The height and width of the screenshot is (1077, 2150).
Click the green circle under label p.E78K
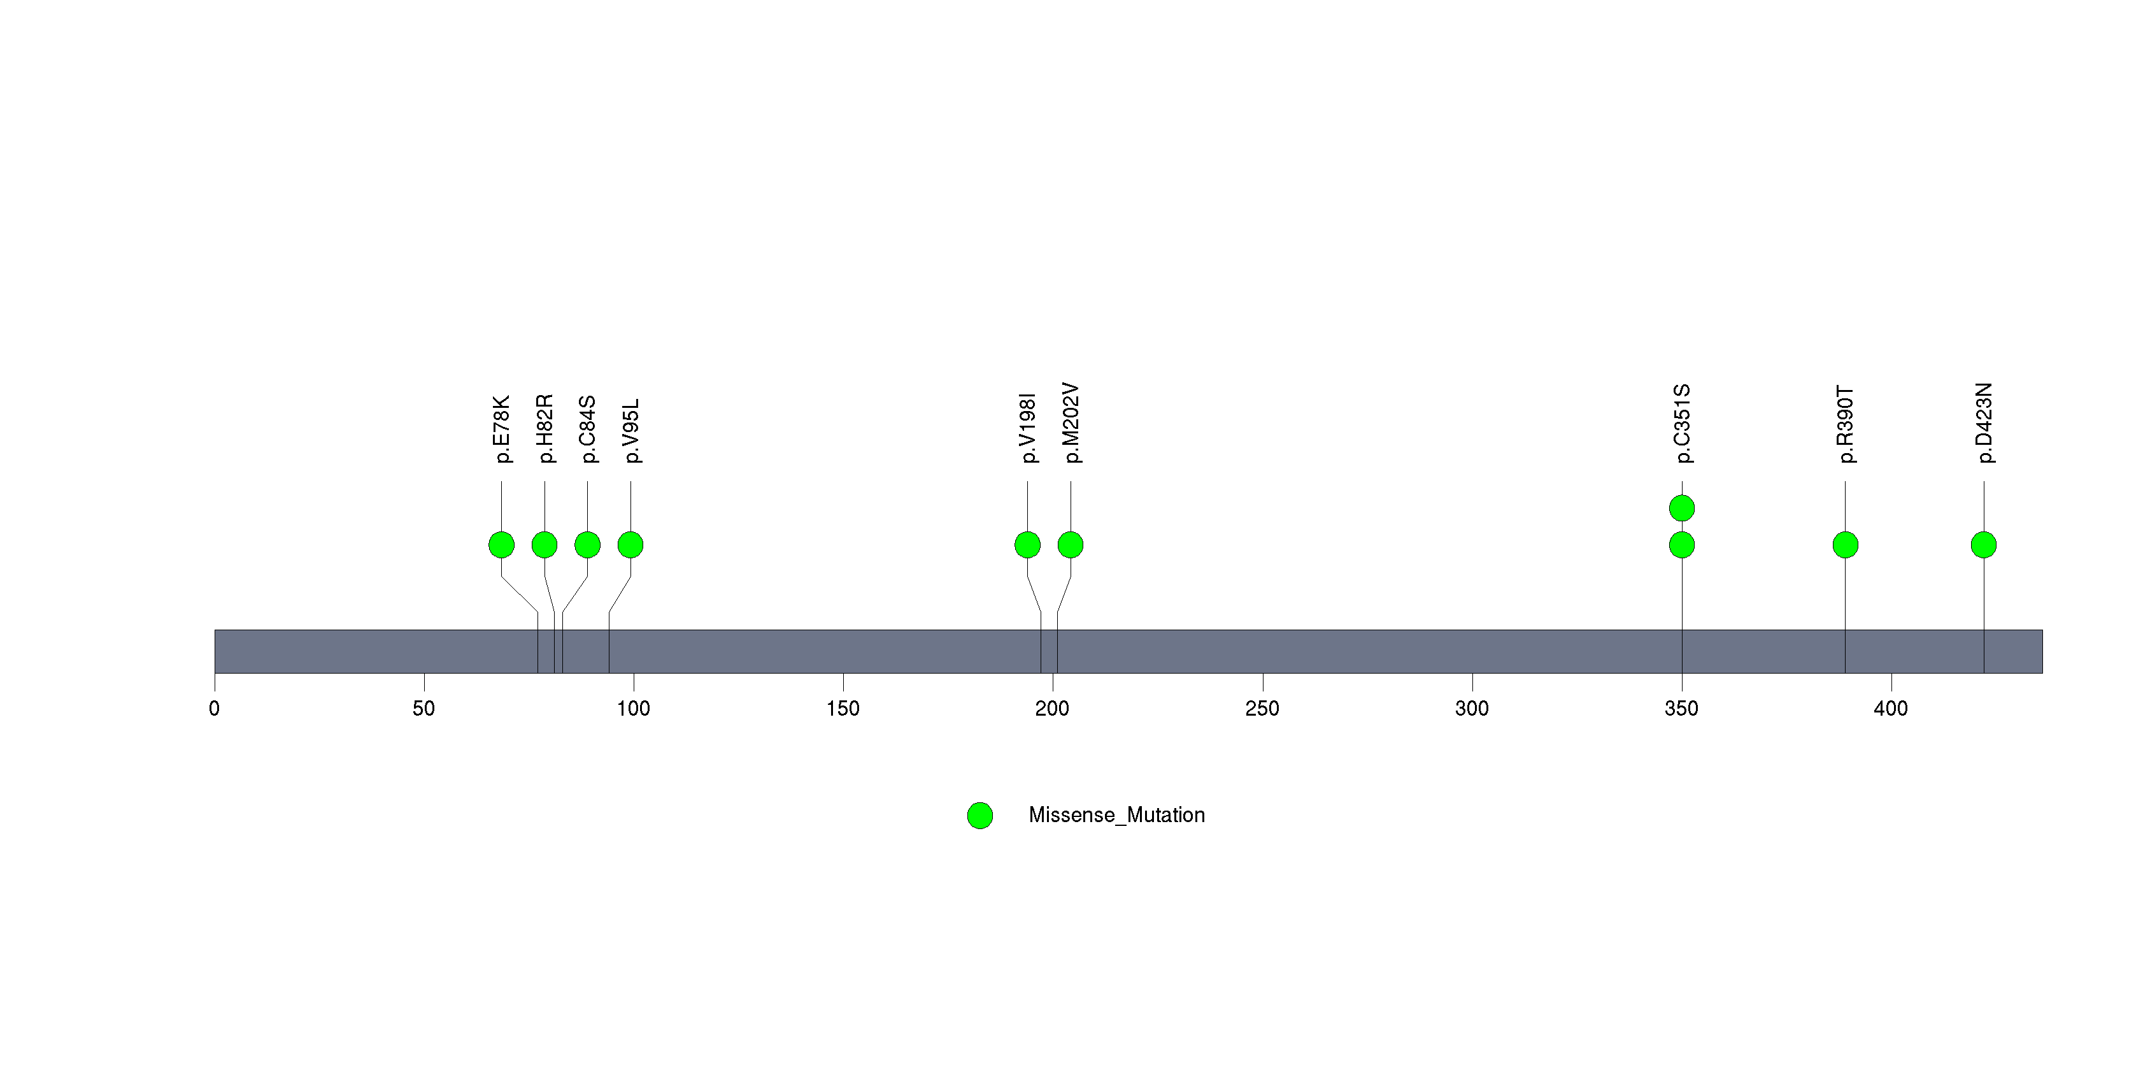coord(502,545)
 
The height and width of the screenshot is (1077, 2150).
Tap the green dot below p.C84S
coord(588,545)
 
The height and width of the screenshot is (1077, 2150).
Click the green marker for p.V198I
coord(1027,545)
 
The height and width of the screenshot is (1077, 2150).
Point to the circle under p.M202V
coord(1071,545)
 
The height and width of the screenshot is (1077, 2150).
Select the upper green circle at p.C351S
coord(1682,508)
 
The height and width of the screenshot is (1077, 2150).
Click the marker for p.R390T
coord(1846,545)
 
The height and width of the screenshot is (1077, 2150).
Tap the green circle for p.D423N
coord(1984,545)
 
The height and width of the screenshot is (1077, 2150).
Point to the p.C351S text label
coord(1682,423)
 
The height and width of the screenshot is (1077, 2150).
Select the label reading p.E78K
coord(502,429)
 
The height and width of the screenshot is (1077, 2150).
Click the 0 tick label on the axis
coord(215,709)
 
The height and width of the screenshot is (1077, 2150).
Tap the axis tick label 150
coord(843,709)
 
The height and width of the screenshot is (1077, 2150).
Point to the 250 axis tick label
coord(1262,709)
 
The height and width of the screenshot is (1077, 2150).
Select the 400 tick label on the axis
coord(1890,709)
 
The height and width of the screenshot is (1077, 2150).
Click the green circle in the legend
coord(980,816)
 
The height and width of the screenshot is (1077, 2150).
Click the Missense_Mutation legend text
coord(1117,815)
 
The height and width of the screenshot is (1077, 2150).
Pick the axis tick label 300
coord(1472,709)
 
